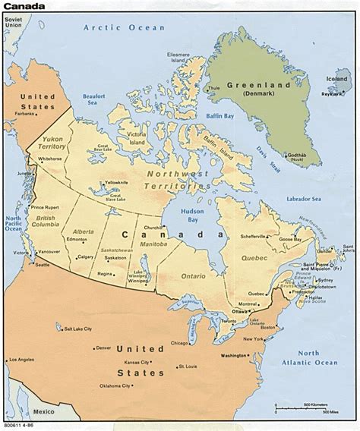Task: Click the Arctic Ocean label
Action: [123, 27]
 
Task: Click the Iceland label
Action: [339, 77]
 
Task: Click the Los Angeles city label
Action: [21, 379]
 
